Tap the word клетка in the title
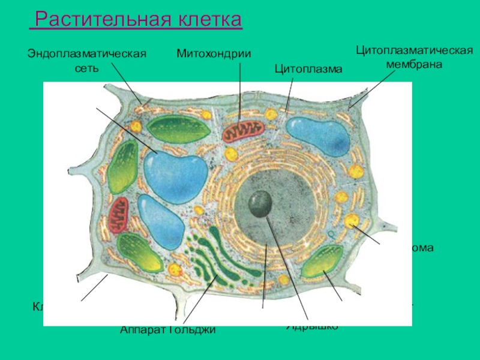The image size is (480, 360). click(x=212, y=20)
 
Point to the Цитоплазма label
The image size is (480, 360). click(x=308, y=70)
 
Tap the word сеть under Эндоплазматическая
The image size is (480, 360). click(x=86, y=68)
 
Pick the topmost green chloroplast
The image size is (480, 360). click(x=178, y=128)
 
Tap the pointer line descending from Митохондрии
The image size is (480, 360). click(x=239, y=90)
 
